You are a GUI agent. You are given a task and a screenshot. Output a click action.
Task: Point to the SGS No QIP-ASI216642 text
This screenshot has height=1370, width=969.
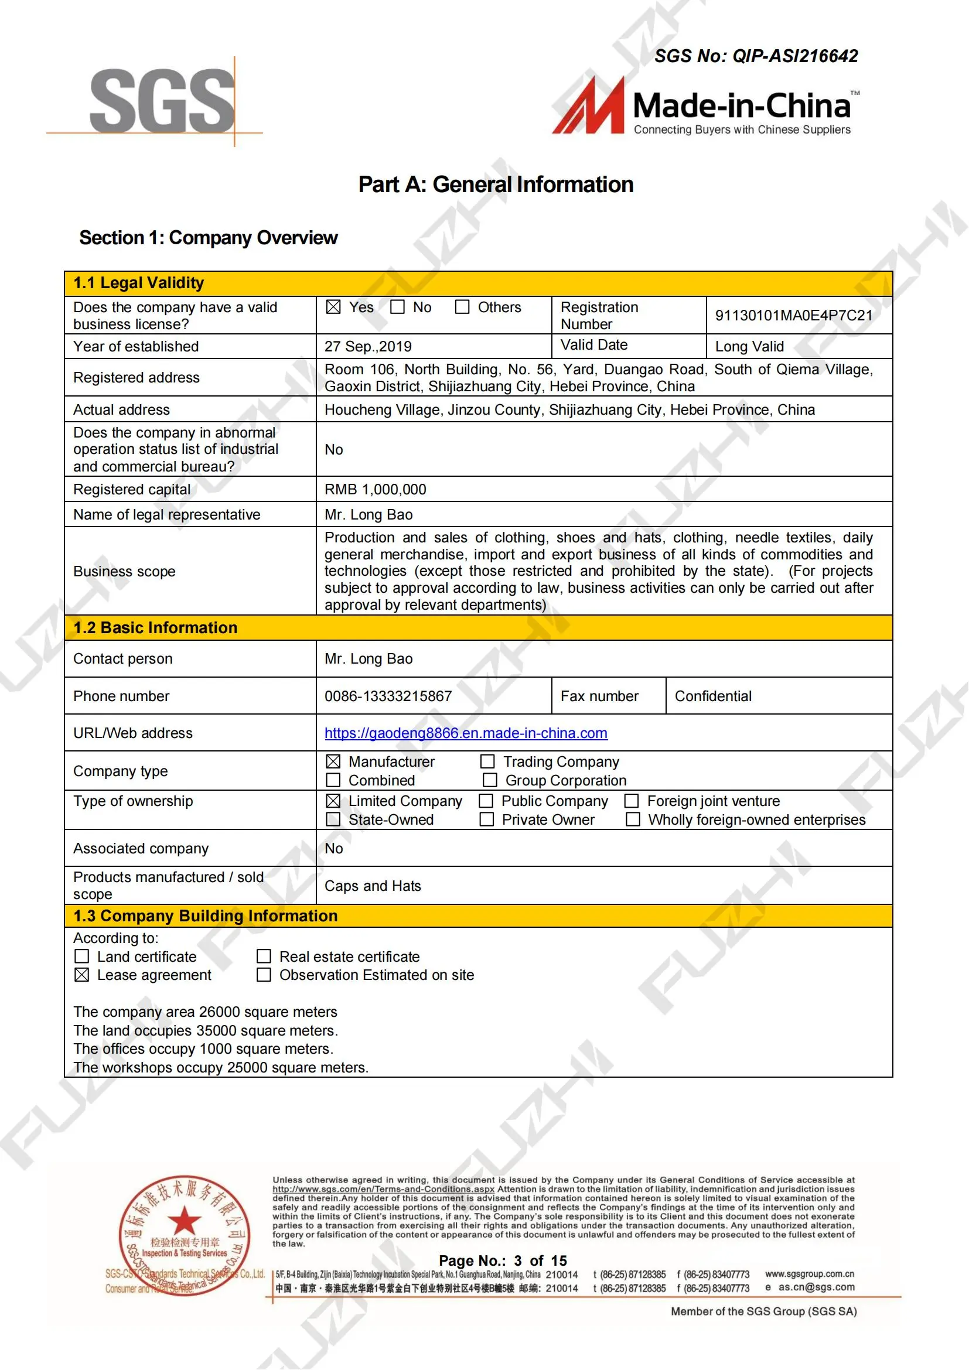click(756, 56)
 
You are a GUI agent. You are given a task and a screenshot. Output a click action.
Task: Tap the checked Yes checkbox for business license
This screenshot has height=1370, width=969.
click(333, 308)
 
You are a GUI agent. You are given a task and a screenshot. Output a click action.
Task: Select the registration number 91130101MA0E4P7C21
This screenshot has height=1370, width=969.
click(794, 316)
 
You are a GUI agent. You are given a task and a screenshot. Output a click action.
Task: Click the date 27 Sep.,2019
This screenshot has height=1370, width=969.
click(368, 347)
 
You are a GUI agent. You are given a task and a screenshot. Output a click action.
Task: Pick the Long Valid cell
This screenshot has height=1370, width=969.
click(749, 347)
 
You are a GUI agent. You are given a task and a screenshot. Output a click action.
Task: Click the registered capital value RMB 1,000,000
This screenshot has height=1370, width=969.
click(376, 490)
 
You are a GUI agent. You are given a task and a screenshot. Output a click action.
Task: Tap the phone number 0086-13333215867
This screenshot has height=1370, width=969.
click(388, 696)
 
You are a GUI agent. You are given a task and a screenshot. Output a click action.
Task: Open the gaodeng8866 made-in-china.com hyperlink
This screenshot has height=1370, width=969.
click(466, 733)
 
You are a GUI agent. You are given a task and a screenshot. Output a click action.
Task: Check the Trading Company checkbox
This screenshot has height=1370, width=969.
click(487, 762)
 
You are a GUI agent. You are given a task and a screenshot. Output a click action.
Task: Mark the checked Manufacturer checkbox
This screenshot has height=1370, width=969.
click(333, 762)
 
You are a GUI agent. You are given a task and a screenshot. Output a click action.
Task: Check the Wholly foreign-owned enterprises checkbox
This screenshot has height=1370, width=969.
click(633, 820)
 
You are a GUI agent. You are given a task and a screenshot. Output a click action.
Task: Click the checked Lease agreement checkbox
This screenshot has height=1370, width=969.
click(82, 975)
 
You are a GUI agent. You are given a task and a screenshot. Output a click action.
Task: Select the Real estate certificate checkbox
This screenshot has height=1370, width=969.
click(264, 957)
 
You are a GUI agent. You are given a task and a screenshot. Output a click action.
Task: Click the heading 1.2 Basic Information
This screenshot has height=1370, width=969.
click(155, 628)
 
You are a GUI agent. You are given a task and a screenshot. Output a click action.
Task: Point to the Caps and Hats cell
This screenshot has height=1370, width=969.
click(373, 886)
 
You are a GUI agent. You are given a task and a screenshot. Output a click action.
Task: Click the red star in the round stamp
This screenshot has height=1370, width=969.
click(185, 1221)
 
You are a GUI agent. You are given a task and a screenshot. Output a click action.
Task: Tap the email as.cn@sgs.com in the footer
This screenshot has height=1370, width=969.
click(816, 1287)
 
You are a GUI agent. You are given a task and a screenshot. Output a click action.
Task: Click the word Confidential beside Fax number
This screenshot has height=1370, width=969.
click(713, 696)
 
